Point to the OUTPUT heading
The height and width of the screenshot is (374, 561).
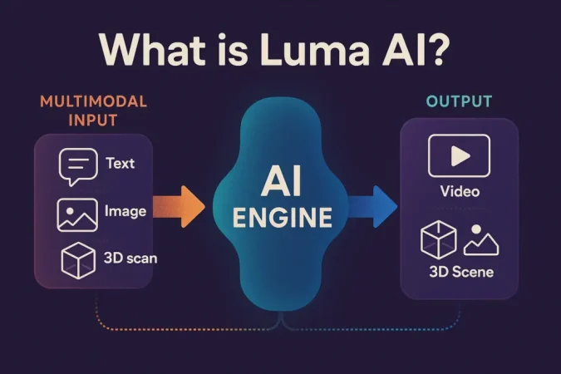[x=459, y=102]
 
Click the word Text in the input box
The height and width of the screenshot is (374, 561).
[x=121, y=163]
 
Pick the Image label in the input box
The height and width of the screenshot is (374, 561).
[x=125, y=211]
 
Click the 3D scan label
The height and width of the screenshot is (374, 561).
[x=132, y=258]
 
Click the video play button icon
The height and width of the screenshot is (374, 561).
[x=458, y=155]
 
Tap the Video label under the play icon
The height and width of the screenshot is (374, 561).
[x=459, y=192]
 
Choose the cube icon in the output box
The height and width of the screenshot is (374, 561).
[x=439, y=239]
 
